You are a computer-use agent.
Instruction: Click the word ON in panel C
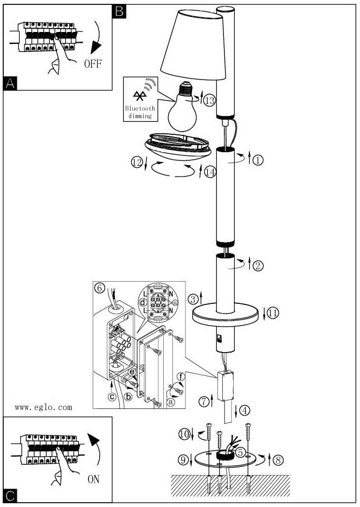(94, 479)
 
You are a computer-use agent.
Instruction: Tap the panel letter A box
(10, 83)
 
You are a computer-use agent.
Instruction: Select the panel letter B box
(119, 11)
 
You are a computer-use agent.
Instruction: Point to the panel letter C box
(10, 495)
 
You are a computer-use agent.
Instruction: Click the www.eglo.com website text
(43, 407)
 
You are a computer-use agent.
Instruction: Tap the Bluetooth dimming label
(140, 112)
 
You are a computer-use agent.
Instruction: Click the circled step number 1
(258, 160)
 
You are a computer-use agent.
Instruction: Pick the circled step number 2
(258, 265)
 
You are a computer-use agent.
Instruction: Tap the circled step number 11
(273, 313)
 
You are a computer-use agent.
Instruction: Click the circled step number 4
(245, 410)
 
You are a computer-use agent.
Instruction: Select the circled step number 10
(184, 434)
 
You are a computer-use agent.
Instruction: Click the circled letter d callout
(143, 301)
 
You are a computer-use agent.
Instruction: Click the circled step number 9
(183, 460)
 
